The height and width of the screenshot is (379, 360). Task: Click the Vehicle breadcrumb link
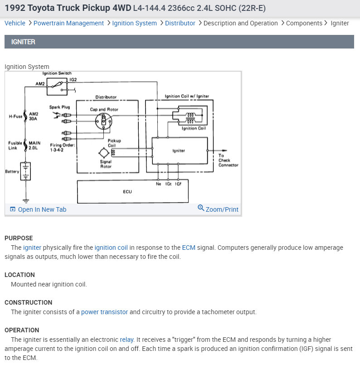15,23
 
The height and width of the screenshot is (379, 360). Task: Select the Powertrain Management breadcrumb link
68,23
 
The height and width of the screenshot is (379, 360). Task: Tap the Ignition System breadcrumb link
134,23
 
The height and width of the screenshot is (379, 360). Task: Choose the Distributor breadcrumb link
180,23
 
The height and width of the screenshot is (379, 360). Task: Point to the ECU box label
127,192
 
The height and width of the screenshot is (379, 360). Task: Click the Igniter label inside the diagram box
179,151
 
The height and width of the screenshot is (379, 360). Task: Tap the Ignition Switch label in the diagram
57,73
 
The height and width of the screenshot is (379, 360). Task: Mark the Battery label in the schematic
12,171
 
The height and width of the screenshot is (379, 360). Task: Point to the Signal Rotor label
106,164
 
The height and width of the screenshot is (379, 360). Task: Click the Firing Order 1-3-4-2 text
63,147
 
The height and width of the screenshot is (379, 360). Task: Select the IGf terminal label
179,184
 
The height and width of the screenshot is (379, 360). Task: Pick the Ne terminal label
158,184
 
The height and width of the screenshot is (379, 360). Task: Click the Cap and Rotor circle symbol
104,120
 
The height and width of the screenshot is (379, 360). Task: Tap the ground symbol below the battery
26,200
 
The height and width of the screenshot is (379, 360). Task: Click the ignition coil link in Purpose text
111,248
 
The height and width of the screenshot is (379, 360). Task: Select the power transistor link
104,312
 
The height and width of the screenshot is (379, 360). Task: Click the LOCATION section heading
19,275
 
